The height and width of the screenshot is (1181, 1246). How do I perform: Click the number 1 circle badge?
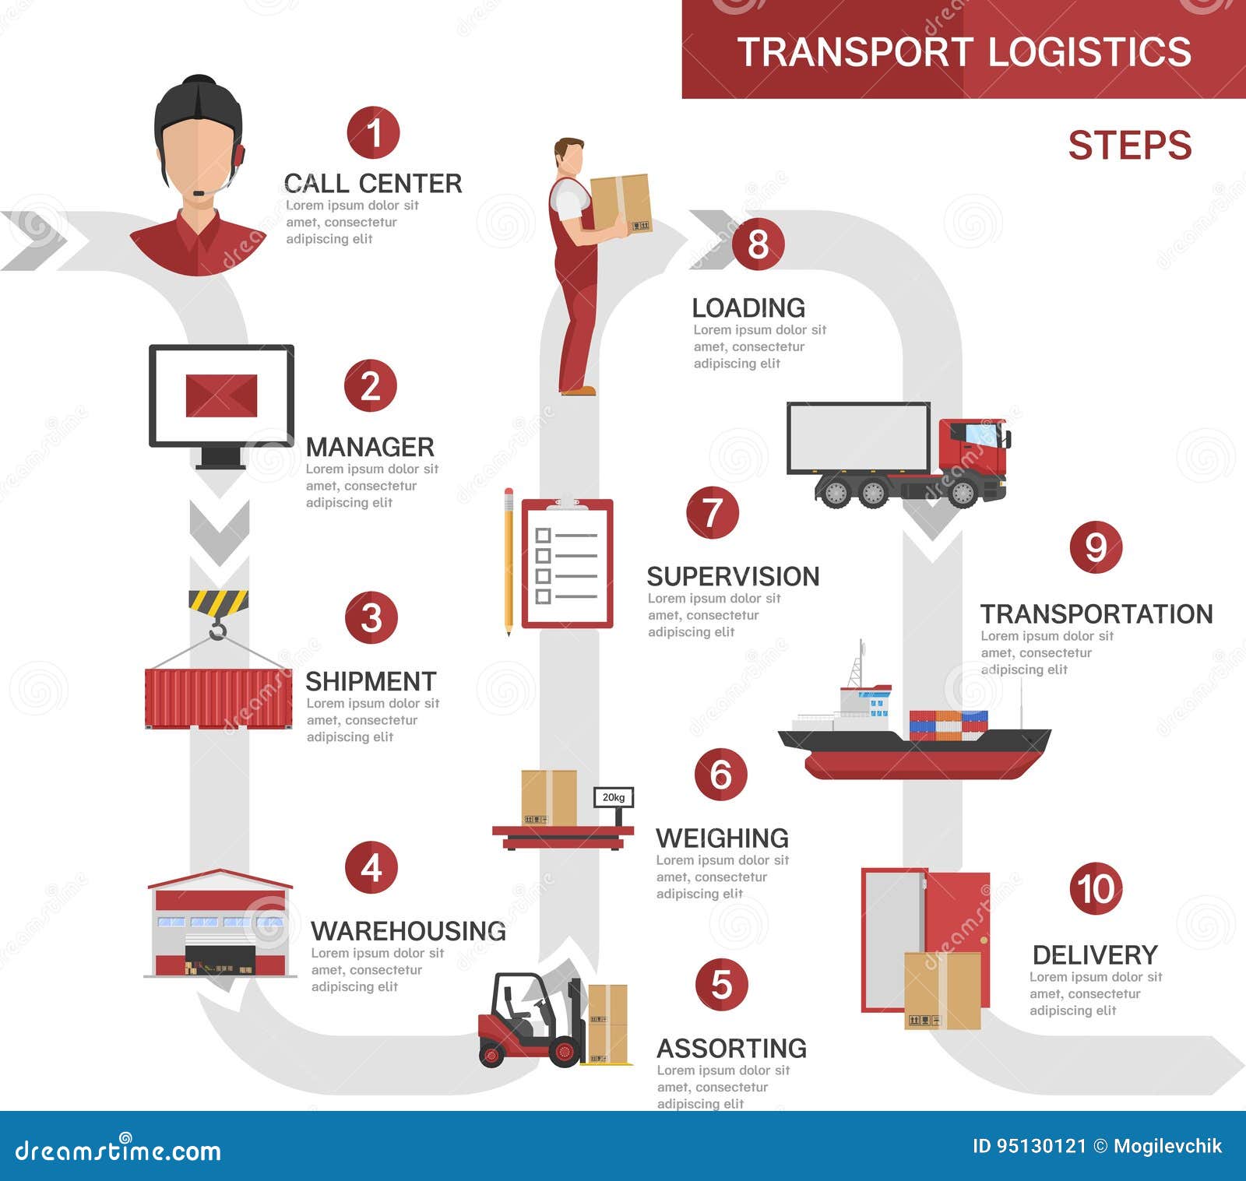(x=373, y=133)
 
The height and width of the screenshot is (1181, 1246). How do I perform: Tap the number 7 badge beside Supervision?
(x=712, y=513)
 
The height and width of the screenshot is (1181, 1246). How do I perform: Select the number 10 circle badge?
(x=1096, y=888)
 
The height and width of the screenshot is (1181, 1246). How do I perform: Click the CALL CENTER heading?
(x=373, y=184)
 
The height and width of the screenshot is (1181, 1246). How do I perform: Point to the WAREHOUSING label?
(x=408, y=931)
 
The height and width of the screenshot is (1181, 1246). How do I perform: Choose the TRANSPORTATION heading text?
(x=1096, y=614)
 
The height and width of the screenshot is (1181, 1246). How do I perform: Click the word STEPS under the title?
(x=1129, y=146)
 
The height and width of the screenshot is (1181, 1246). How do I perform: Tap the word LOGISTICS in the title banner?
(x=1089, y=52)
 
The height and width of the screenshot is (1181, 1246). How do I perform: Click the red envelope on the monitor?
(x=221, y=395)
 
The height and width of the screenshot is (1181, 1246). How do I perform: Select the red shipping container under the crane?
(x=218, y=698)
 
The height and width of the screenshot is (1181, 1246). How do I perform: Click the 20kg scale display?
(x=614, y=797)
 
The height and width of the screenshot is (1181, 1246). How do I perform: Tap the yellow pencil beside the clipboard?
(x=509, y=561)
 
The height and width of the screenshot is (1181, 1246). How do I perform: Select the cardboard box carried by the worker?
(x=621, y=202)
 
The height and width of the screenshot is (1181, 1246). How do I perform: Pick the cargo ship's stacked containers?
(x=948, y=725)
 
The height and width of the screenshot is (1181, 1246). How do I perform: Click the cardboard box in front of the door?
(x=942, y=990)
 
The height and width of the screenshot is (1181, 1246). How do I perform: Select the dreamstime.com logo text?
(x=118, y=1150)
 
